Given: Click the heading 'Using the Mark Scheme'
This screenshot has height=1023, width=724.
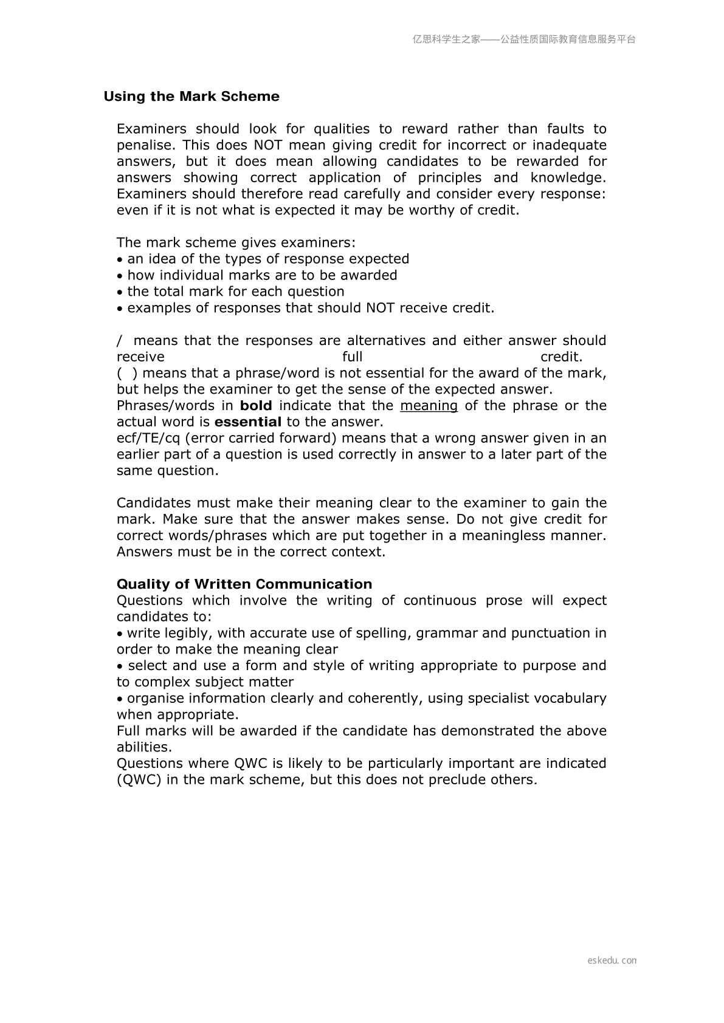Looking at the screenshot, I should tap(191, 97).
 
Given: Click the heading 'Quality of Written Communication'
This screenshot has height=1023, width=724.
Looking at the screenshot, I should tap(244, 584).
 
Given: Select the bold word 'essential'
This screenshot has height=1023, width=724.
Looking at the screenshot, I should tap(248, 422).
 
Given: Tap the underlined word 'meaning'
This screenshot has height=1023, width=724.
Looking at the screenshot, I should tap(429, 406).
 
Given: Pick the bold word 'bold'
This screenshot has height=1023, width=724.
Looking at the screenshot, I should tap(256, 406).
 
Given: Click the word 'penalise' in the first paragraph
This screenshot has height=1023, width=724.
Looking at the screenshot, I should tap(145, 145).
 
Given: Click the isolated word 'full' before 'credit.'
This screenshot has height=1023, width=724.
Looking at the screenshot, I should tap(353, 357).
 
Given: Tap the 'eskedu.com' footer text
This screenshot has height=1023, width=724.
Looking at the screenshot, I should tap(612, 960).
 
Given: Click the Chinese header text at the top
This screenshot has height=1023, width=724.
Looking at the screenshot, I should tap(524, 39).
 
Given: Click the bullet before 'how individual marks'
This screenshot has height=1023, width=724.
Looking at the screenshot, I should tap(120, 276).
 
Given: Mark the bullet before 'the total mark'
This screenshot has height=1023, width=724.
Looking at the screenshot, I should tap(120, 292).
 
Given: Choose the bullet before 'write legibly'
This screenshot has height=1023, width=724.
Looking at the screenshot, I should tap(120, 634).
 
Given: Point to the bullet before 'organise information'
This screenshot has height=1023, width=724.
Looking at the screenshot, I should tap(120, 699).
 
